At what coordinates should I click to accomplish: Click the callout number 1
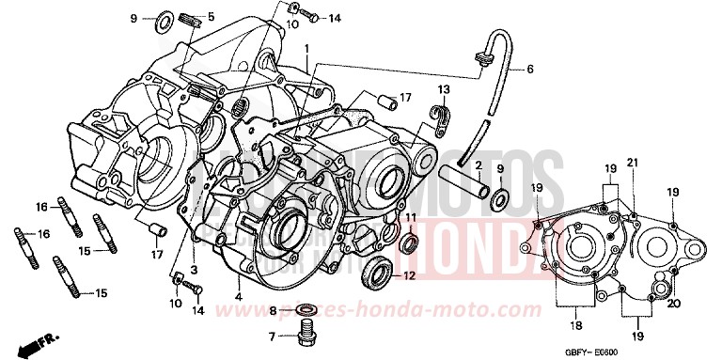(x=306, y=47)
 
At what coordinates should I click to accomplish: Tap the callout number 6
(x=528, y=70)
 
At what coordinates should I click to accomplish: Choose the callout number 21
(x=632, y=163)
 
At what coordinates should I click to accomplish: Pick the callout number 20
(x=673, y=305)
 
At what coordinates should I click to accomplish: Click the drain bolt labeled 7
(x=303, y=333)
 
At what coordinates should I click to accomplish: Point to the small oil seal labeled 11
(x=409, y=245)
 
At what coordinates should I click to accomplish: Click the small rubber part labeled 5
(x=189, y=19)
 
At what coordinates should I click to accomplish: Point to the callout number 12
(x=409, y=276)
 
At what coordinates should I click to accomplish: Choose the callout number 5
(x=211, y=17)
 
